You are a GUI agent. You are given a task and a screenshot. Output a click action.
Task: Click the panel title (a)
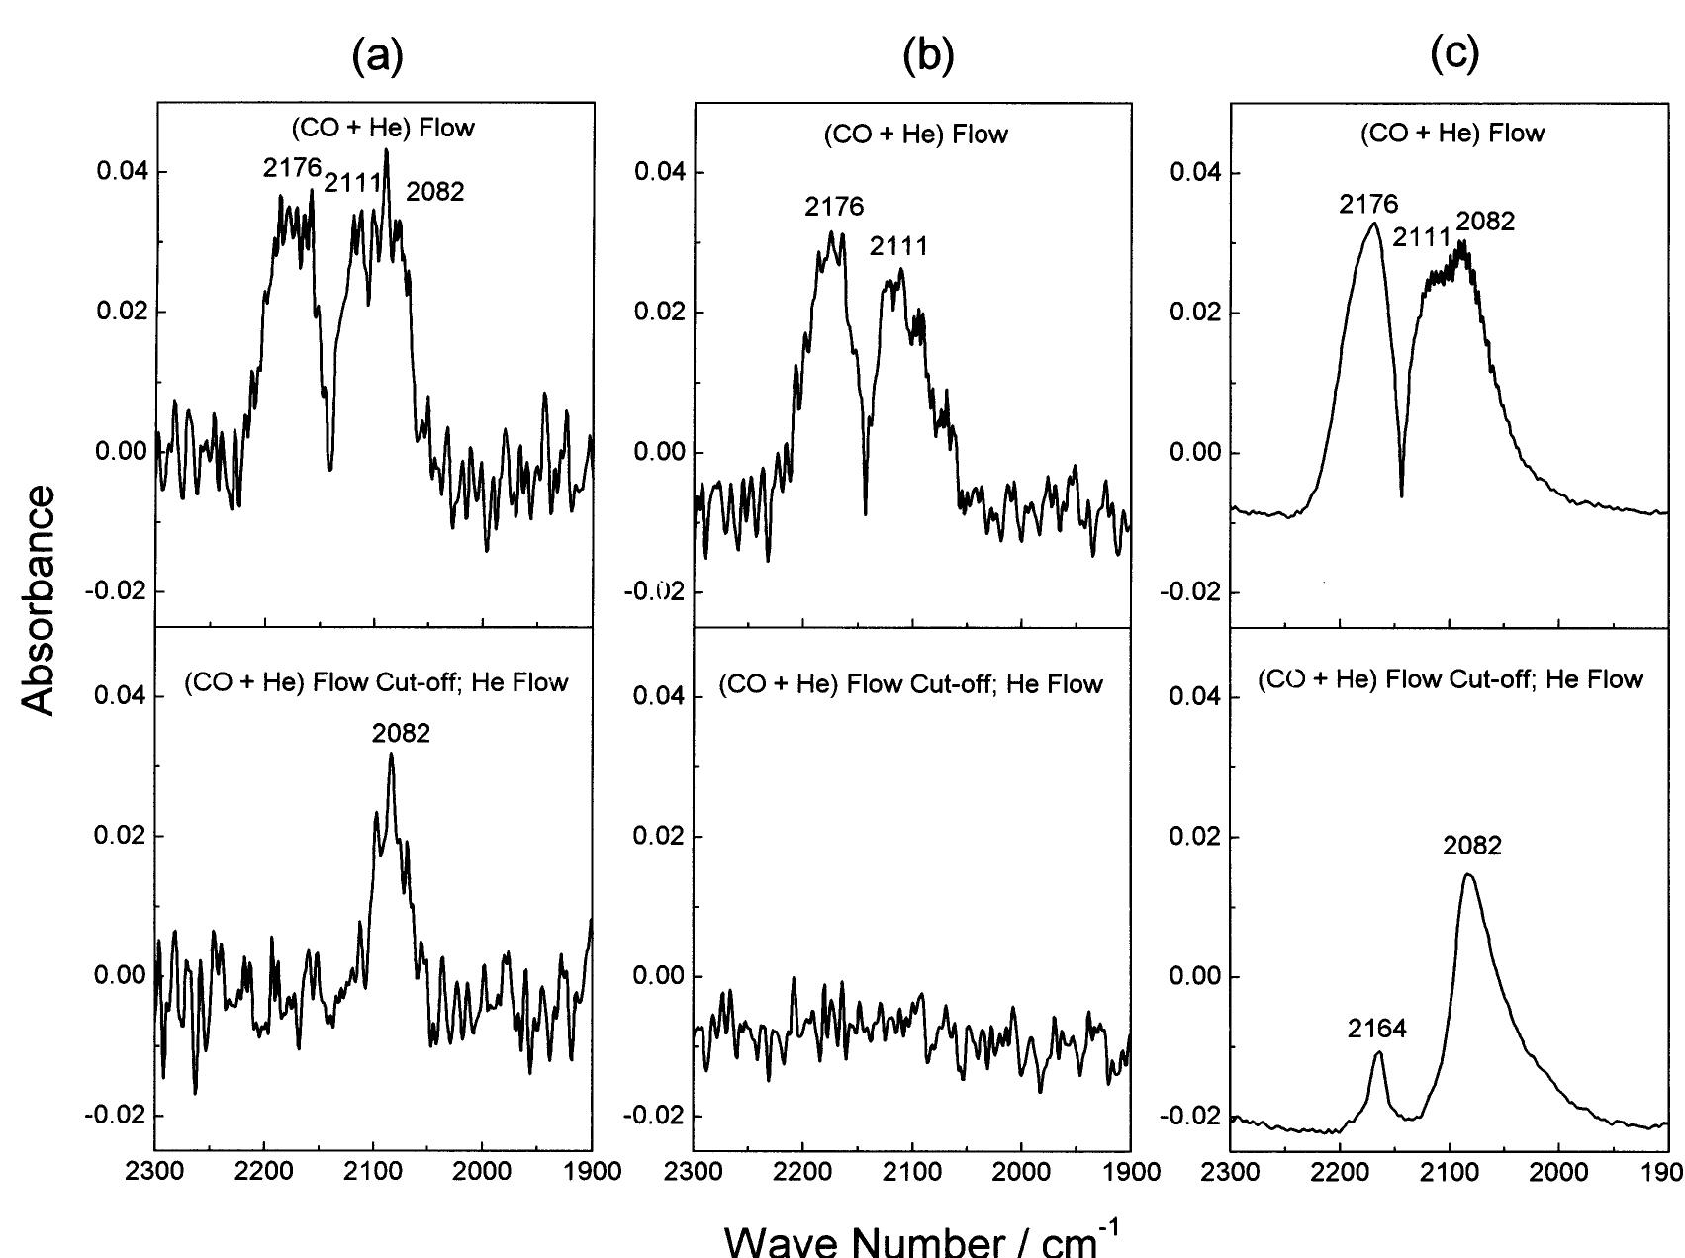click(378, 59)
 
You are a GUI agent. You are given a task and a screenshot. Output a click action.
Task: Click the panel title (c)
click(1454, 59)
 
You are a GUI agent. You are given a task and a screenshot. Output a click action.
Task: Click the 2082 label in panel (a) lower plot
click(401, 733)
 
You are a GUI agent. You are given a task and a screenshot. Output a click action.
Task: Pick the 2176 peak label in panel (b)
click(834, 207)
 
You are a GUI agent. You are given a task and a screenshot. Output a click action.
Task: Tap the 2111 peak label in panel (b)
click(898, 246)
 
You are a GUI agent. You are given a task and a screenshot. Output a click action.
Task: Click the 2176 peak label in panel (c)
click(1369, 205)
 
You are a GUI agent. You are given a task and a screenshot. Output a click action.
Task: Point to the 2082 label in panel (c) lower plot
click(1472, 846)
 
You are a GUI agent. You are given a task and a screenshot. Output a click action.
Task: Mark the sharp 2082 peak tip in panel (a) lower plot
click(391, 755)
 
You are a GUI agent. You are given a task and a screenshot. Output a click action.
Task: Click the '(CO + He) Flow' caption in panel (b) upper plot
click(915, 135)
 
